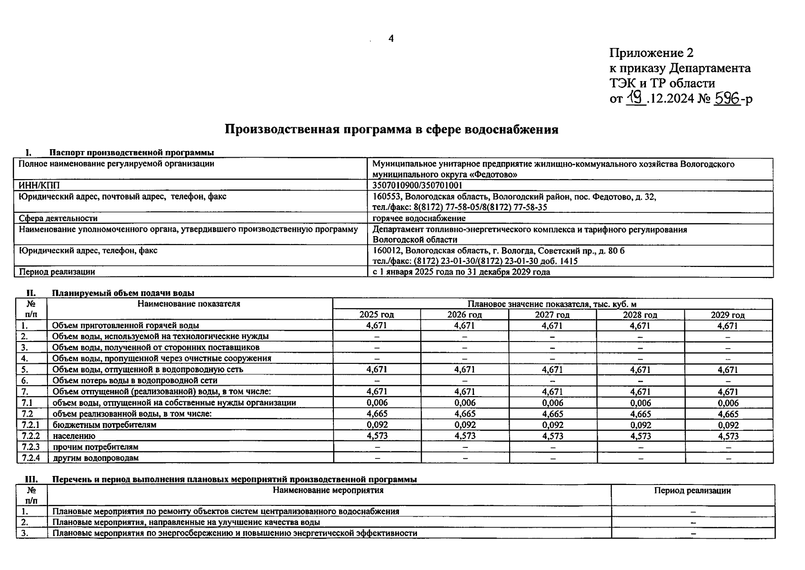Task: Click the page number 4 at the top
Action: coord(391,38)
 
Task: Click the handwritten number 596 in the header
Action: coord(728,98)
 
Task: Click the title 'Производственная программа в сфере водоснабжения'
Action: coord(391,129)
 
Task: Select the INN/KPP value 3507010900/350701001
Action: coord(417,185)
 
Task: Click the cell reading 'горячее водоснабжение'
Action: coord(419,218)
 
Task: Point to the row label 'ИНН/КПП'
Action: coord(39,185)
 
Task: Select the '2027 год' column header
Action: coord(552,314)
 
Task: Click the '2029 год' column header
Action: coord(728,314)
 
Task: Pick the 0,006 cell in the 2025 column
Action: coord(377,403)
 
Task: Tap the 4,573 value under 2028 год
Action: coord(640,436)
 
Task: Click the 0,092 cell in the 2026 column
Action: coord(464,425)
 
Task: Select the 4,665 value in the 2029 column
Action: coord(728,414)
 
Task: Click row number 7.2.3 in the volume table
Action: coord(31,447)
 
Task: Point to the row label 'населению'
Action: coord(74,436)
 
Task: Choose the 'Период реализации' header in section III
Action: coord(692,491)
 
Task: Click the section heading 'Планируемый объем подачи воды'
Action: coord(123,293)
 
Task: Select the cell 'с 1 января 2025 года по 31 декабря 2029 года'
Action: coord(461,272)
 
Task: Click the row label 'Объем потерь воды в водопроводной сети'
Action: coord(135,380)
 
